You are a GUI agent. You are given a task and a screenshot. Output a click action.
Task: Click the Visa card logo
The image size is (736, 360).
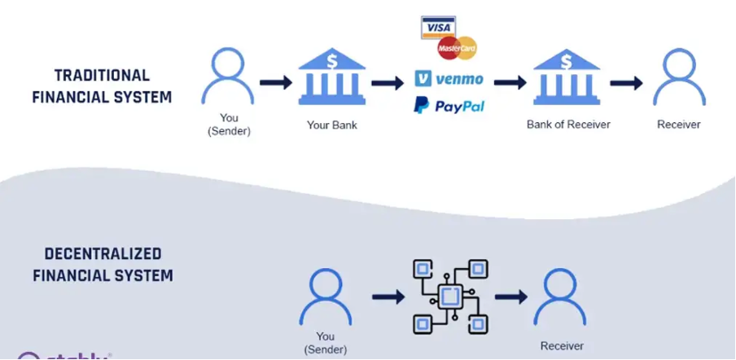[437, 27]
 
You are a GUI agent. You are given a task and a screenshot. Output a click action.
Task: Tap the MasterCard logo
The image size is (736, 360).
[457, 48]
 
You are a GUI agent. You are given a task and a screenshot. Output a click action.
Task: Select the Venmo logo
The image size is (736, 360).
[449, 79]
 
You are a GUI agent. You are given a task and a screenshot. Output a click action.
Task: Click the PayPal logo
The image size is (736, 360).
[449, 106]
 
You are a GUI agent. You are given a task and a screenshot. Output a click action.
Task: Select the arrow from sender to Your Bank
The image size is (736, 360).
[276, 82]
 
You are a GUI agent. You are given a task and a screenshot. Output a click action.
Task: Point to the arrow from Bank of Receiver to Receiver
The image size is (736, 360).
[626, 82]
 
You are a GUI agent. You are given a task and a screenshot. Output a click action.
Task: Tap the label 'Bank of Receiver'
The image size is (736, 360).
[567, 125]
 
